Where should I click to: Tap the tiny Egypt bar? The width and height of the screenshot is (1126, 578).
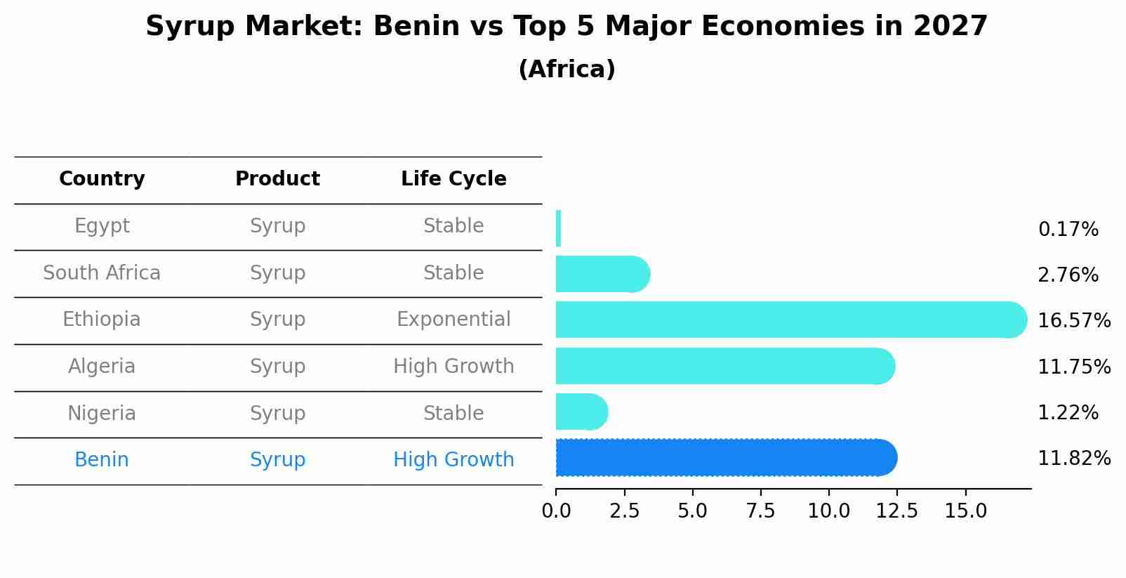[x=558, y=228]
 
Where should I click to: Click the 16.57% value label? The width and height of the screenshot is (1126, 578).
[x=1073, y=321]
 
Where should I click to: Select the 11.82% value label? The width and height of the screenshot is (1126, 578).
[x=1073, y=459]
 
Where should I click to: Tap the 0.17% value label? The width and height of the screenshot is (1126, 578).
[x=1068, y=230]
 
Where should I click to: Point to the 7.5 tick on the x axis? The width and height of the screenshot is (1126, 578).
[x=760, y=511]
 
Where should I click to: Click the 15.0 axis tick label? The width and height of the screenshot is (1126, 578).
[x=965, y=511]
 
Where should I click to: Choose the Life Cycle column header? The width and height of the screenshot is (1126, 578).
[x=453, y=179]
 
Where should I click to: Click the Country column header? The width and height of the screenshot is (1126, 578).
[x=102, y=179]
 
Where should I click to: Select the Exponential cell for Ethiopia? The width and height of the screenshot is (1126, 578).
[x=453, y=320]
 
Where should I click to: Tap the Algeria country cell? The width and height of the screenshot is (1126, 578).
[x=102, y=367]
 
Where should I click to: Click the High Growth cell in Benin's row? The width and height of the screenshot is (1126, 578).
[x=453, y=460]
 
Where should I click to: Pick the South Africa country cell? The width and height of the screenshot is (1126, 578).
[x=102, y=273]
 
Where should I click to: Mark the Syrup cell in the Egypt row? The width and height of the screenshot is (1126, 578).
[x=277, y=226]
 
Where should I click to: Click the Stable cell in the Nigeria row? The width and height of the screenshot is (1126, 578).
[x=453, y=414]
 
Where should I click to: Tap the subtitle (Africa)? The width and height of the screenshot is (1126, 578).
[x=567, y=70]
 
